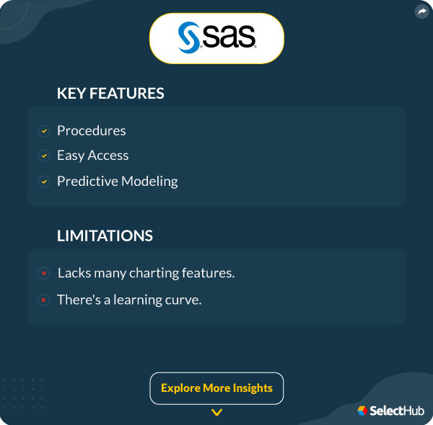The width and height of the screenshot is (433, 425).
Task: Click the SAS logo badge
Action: point(216,37)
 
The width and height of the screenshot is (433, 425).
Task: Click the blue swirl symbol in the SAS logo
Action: point(189,37)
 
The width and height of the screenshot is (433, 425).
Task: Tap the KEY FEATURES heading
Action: point(110,94)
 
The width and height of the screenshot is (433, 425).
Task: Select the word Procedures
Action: point(92,130)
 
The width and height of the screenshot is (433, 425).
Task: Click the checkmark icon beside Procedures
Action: point(44,131)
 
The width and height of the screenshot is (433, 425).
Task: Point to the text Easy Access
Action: point(92,156)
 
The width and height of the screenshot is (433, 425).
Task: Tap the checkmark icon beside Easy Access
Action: point(44,156)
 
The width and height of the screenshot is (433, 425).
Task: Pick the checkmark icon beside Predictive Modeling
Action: point(44,182)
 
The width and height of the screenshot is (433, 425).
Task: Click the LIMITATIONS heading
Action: point(105,236)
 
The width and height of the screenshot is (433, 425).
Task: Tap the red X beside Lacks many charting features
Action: point(44,274)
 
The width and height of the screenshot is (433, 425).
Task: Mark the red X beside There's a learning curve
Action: point(44,300)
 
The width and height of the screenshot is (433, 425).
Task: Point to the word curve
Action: point(184,300)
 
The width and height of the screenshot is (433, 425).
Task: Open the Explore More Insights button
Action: point(216,388)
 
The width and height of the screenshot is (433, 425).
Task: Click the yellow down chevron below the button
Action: point(216,413)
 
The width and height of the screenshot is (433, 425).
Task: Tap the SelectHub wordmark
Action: point(397,411)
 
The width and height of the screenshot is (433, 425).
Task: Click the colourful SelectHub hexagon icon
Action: point(362,411)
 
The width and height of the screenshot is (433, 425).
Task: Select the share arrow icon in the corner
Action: point(421,12)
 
